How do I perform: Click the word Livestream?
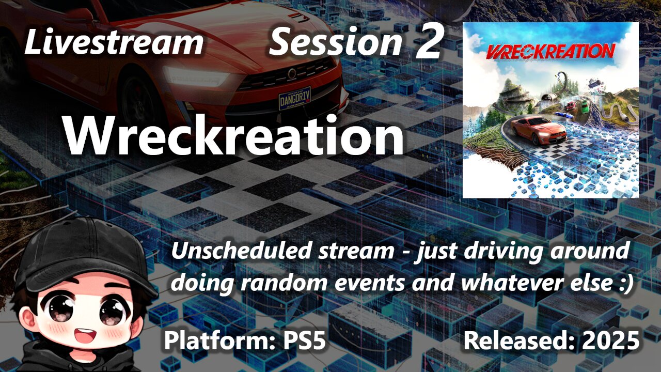pyautogui.click(x=114, y=42)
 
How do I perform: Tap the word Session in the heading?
pyautogui.click(x=335, y=42)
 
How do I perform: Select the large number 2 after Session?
pyautogui.click(x=429, y=42)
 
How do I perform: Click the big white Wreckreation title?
pyautogui.click(x=233, y=135)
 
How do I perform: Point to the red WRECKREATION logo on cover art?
pyautogui.click(x=550, y=51)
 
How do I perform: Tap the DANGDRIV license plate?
pyautogui.click(x=294, y=97)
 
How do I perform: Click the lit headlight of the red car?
pyautogui.click(x=196, y=77)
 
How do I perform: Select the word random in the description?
pyautogui.click(x=290, y=283)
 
